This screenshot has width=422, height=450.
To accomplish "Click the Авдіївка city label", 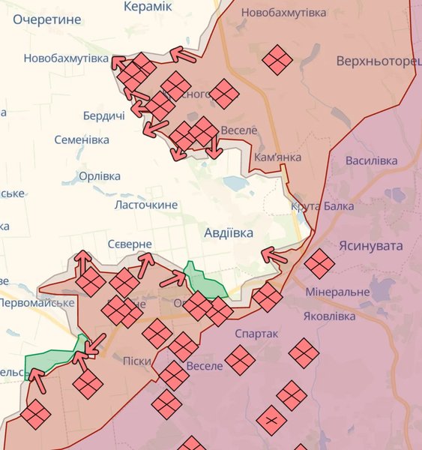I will click(229, 233).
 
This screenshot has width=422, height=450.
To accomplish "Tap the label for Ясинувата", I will click(370, 246).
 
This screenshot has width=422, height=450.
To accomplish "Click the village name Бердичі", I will click(103, 115).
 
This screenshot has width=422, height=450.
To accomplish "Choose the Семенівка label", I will click(82, 139).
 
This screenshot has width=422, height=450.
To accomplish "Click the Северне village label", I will click(130, 244).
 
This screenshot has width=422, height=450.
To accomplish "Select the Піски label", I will click(136, 361).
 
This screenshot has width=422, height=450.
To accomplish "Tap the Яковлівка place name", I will click(329, 316).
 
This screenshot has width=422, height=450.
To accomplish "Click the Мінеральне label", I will click(337, 291).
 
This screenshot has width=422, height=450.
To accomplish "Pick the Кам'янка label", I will click(277, 157).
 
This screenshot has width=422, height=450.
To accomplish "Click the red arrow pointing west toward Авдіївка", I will click(274, 256).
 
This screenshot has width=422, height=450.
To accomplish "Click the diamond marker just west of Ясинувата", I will click(319, 263).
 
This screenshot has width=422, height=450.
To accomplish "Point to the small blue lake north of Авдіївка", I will click(235, 182).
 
